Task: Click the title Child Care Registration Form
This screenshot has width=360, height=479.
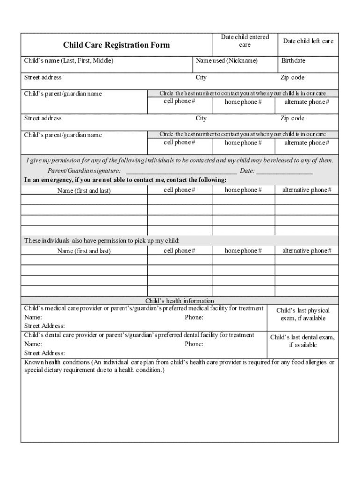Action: (116, 45)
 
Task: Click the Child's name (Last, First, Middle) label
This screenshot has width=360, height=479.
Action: (69, 61)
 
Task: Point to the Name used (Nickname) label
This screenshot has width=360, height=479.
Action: (226, 61)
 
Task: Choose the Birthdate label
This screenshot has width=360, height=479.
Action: (293, 61)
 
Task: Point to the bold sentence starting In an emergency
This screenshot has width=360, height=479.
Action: (125, 180)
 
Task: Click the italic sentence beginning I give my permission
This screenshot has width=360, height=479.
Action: (180, 160)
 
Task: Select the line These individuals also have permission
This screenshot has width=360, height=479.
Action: (102, 240)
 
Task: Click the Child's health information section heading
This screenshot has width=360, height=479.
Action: (180, 301)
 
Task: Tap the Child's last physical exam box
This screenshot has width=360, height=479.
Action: (303, 314)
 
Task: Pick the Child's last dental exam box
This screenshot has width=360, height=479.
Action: (302, 341)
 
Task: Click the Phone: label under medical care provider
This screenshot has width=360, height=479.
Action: (194, 318)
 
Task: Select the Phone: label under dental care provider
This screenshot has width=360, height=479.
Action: (194, 344)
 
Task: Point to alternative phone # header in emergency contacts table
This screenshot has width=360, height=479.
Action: (307, 190)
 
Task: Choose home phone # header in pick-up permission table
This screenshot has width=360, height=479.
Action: (243, 251)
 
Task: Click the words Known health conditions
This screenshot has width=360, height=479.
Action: (57, 363)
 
